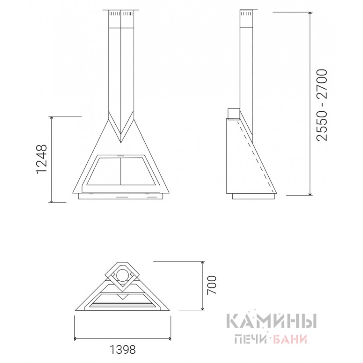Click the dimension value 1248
[x=42, y=159]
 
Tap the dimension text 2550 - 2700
[x=322, y=105]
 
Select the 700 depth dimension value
[x=212, y=285]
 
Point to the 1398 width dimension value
[x=122, y=350]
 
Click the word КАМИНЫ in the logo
[x=271, y=321]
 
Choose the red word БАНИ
[x=290, y=339]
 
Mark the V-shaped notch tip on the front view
[x=121, y=142]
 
